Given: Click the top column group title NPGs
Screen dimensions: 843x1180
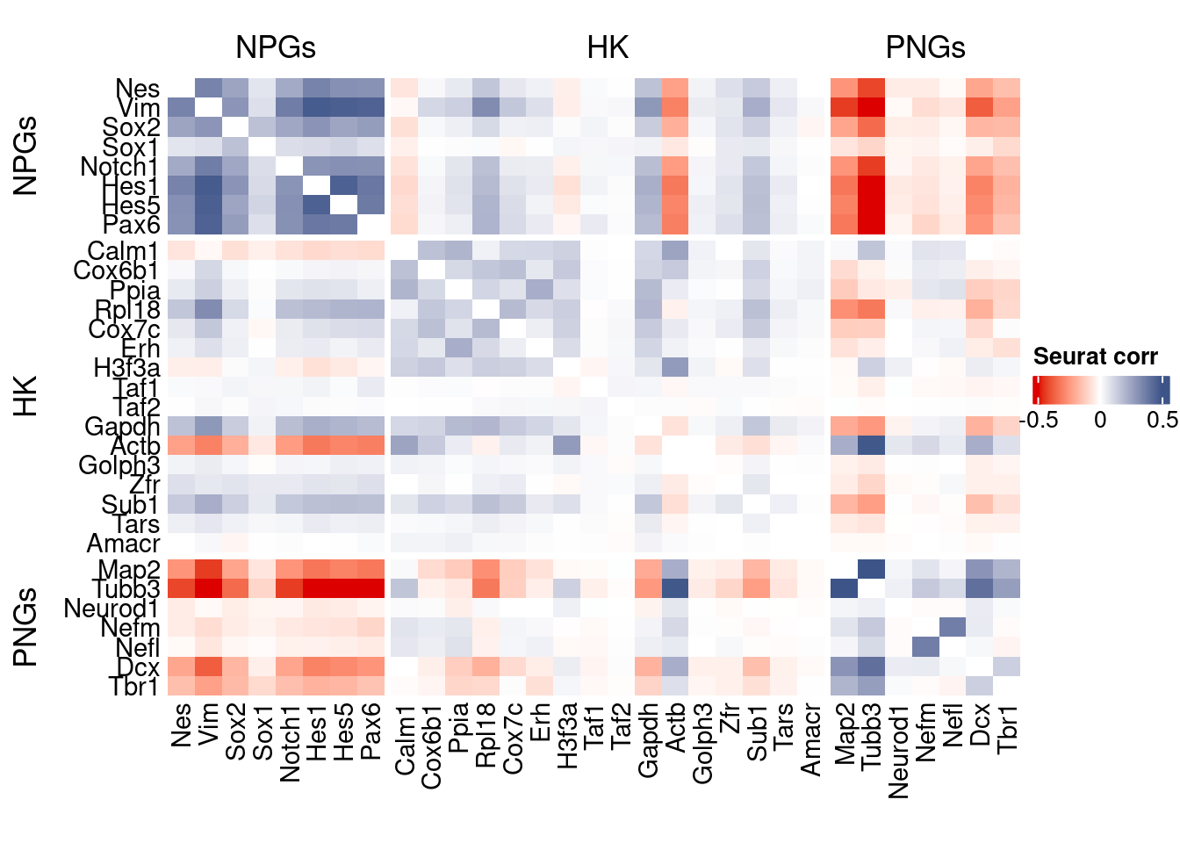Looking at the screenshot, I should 276,47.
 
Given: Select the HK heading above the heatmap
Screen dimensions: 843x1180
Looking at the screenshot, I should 608,47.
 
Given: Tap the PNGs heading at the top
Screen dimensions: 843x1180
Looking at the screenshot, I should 925,47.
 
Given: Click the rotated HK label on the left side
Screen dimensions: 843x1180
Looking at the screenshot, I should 26,396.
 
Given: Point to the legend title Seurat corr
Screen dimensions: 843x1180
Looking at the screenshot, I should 1095,357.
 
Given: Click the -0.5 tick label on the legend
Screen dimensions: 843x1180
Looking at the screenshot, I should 1039,420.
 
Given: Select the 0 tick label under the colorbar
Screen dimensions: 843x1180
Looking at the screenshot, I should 1100,420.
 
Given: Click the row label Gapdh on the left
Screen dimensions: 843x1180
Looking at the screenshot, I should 122,427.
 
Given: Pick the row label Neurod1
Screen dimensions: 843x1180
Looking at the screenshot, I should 112,609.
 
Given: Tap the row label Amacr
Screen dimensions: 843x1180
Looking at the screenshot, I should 123,544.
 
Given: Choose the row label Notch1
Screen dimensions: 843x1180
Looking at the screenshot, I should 119,167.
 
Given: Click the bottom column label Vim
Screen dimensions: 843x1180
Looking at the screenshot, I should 208,724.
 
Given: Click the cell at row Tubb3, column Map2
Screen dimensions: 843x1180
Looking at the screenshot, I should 844,588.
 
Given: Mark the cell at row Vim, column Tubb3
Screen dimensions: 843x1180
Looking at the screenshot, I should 871,108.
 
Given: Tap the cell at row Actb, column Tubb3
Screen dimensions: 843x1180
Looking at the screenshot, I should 871,446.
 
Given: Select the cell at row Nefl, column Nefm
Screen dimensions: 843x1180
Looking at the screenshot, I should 925,647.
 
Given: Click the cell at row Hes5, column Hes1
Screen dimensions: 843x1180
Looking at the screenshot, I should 317,205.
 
